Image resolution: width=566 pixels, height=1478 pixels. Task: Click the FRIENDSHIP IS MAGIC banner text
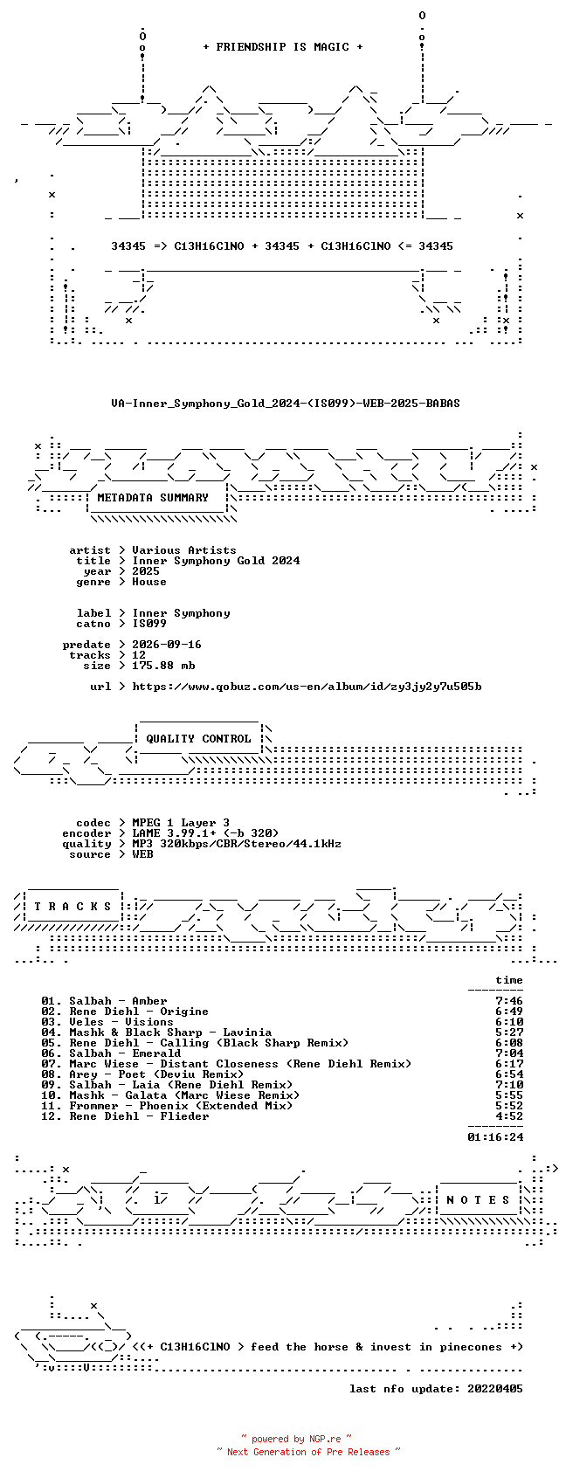283,47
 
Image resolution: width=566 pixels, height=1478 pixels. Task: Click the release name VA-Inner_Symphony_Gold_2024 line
286,404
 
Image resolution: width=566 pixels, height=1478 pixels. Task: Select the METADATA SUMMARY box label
153,498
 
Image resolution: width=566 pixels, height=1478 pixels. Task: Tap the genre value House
149,582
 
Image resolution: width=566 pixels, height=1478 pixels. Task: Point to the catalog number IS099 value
149,624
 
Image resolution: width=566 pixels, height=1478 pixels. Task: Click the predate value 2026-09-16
167,645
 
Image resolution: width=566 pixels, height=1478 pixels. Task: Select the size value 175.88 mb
163,666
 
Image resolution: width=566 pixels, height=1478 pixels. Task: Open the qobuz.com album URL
307,687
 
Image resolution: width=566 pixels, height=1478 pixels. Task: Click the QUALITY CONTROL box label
198,739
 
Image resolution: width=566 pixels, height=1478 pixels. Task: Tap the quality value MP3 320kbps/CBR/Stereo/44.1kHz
237,844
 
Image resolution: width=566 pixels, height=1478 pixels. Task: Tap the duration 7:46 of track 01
509,1001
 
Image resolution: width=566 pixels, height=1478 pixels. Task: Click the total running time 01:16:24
495,1137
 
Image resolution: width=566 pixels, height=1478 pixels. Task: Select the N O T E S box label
479,1200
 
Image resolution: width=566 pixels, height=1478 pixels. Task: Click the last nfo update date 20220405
495,1389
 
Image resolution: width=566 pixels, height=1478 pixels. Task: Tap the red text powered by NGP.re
296,1439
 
